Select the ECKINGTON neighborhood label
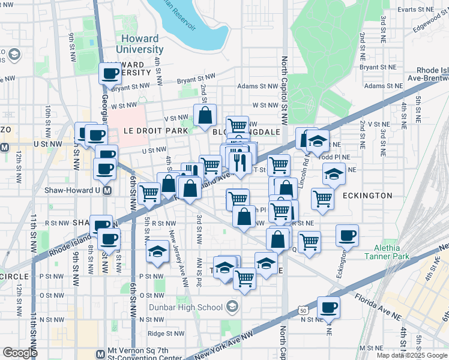[367, 196]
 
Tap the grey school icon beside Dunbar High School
[232, 308]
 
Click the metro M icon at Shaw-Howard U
[107, 191]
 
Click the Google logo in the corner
[20, 352]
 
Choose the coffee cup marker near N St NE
[328, 307]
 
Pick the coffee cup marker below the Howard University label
[110, 73]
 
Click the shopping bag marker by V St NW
[205, 115]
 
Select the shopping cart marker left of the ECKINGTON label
[322, 197]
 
